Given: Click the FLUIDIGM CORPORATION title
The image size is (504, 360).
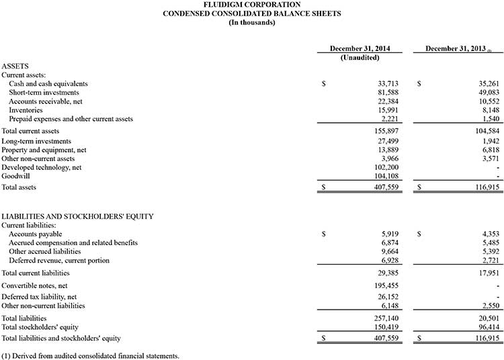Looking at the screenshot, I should tap(252, 5).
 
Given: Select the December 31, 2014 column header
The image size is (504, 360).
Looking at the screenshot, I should tap(360, 49).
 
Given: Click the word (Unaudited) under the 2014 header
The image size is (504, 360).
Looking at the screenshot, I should tap(360, 58).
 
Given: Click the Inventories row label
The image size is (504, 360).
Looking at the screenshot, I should tap(26, 110).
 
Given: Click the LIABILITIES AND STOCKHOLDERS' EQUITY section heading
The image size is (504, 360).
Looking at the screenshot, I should tap(77, 216).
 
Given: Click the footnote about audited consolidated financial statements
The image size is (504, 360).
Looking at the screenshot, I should tap(90, 355).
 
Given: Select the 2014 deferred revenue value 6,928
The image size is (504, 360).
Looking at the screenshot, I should tap(392, 260).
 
